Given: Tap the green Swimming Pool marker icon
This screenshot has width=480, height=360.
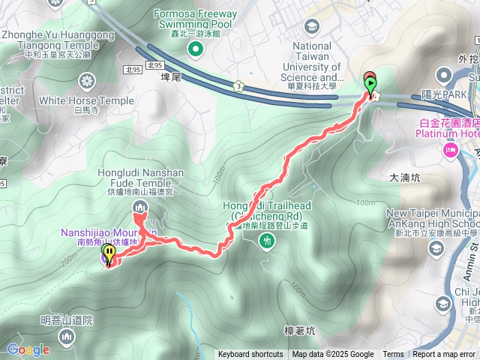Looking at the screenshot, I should pyautogui.click(x=196, y=50).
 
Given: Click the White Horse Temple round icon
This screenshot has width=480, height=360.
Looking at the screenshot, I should pyautogui.click(x=88, y=81).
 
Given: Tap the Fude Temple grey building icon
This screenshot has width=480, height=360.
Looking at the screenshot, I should pyautogui.click(x=139, y=207).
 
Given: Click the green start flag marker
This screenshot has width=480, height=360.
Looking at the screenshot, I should pyautogui.click(x=370, y=83).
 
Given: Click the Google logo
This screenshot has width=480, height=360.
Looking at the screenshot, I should pyautogui.click(x=28, y=349).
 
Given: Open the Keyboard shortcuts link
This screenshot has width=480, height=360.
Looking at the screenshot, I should pyautogui.click(x=250, y=355).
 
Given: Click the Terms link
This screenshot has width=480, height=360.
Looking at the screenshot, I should pyautogui.click(x=393, y=355).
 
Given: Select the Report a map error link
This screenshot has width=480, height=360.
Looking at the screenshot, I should pyautogui.click(x=444, y=355).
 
